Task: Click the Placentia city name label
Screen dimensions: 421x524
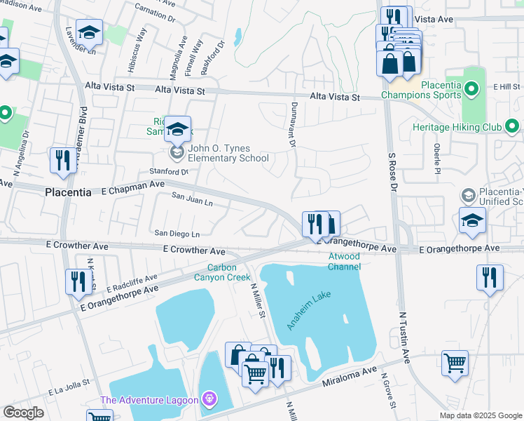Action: (68, 192)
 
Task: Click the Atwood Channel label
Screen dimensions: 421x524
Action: (345, 262)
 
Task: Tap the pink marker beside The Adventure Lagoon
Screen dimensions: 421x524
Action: (208, 400)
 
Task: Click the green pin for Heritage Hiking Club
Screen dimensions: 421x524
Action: (511, 127)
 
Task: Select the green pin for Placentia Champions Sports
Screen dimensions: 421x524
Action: (471, 89)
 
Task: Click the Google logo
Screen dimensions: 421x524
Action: (23, 413)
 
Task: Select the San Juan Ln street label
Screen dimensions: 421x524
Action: (193, 201)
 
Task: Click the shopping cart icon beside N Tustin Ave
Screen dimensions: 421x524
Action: (455, 363)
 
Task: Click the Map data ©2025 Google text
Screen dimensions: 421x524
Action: (480, 415)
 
